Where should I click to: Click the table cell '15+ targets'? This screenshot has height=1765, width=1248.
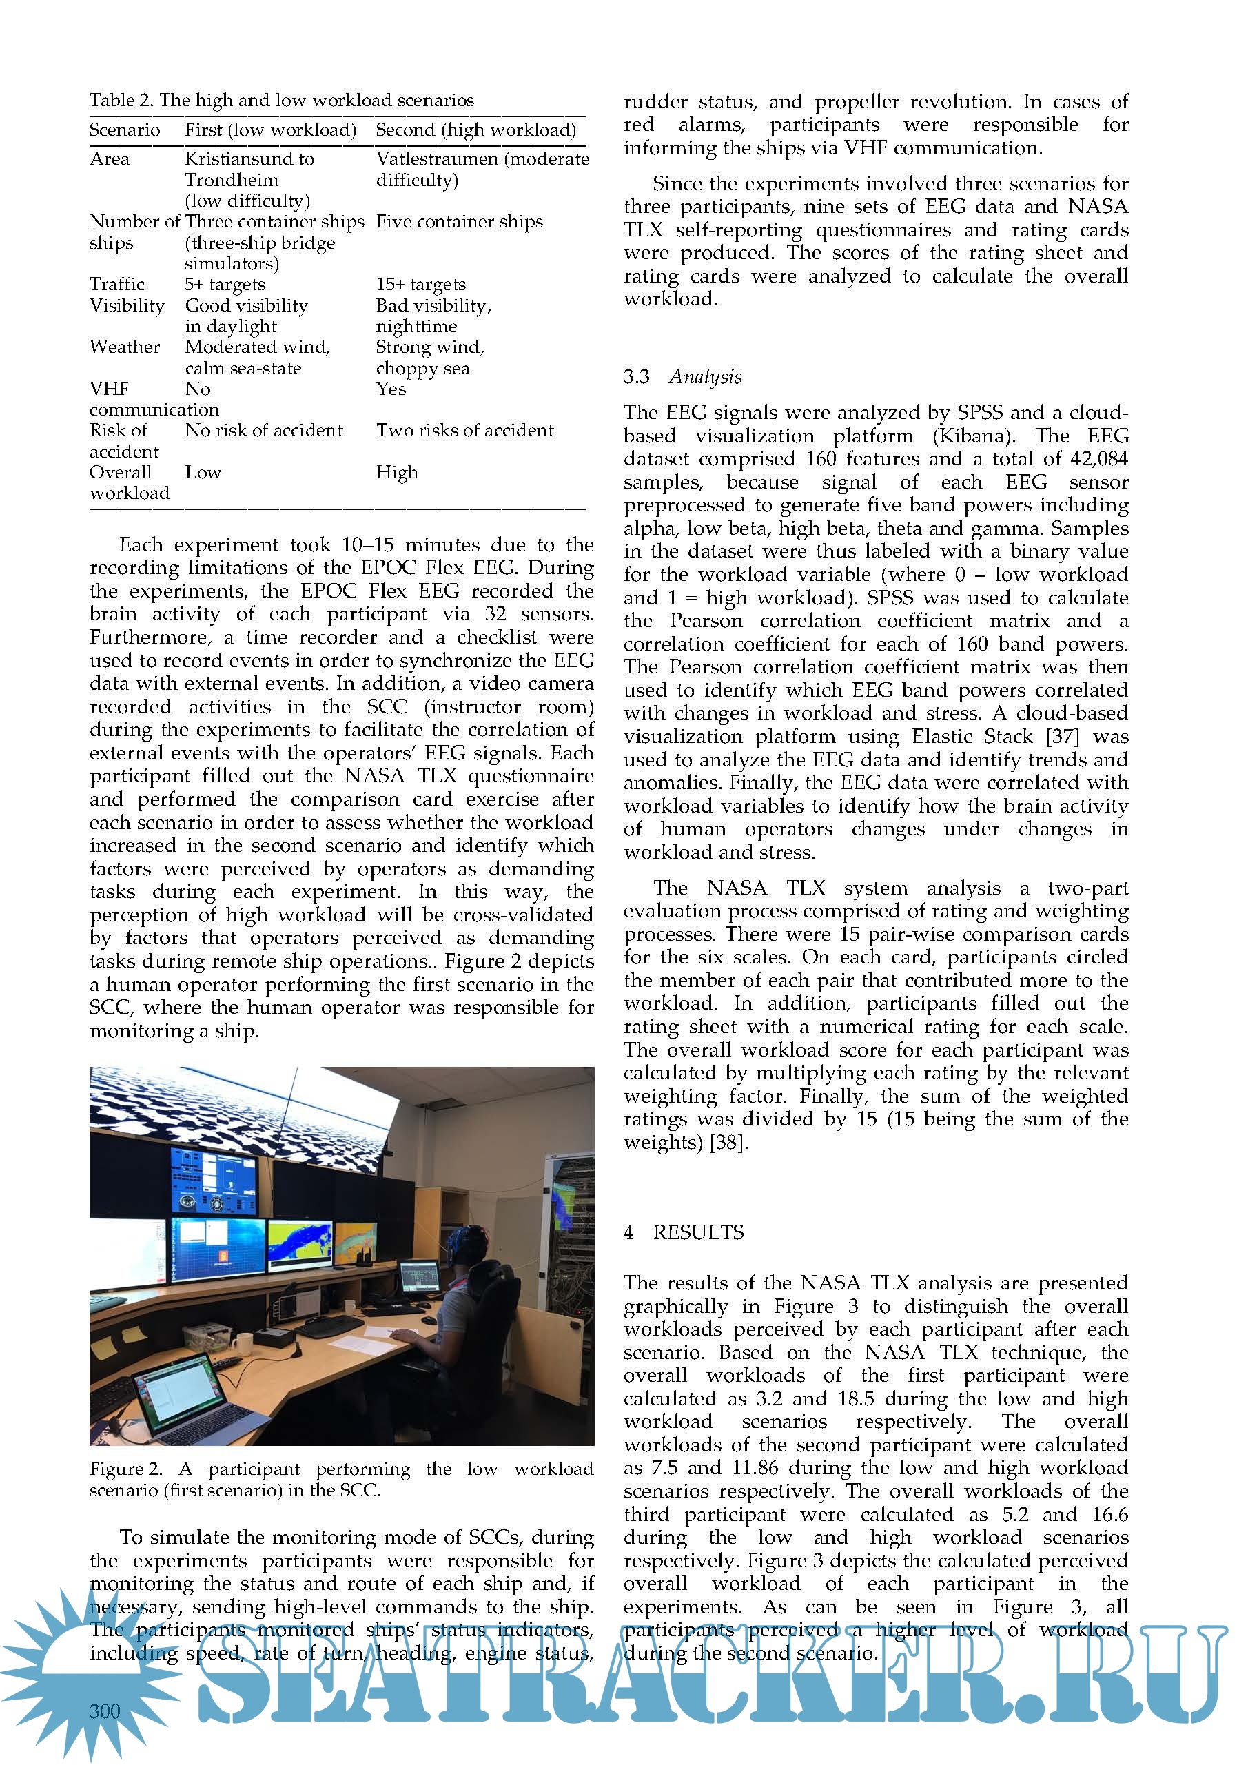420,285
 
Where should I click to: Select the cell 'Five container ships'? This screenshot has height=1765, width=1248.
459,222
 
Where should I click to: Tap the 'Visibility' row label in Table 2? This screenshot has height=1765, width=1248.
127,306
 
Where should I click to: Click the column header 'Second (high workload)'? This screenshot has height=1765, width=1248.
475,130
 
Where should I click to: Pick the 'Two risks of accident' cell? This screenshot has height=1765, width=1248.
464,431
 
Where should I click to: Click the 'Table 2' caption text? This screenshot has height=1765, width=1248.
281,100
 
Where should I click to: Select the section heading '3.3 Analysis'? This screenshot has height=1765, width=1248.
682,377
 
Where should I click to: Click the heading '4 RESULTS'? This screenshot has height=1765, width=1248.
683,1232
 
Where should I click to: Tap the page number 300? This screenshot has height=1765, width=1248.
105,1711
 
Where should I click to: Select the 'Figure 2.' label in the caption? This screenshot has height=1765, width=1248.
125,1469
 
